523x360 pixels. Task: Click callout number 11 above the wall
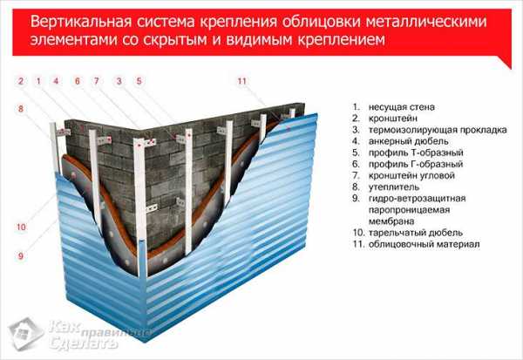pyautogui.click(x=241, y=81)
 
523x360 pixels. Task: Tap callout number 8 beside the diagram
pyautogui.click(x=21, y=109)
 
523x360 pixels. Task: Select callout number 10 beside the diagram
pyautogui.click(x=21, y=228)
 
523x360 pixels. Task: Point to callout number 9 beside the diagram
pyautogui.click(x=21, y=256)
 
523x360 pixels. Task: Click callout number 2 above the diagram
pyautogui.click(x=21, y=81)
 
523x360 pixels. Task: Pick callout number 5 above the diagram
pyautogui.click(x=139, y=81)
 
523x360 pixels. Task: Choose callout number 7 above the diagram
pyautogui.click(x=97, y=81)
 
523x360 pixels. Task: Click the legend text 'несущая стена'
pyautogui.click(x=401, y=107)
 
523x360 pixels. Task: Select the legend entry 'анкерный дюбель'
pyautogui.click(x=408, y=141)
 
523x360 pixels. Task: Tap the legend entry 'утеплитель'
pyautogui.click(x=394, y=187)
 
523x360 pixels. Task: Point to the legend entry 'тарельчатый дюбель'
pyautogui.click(x=416, y=233)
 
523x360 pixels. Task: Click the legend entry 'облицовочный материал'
pyautogui.click(x=424, y=244)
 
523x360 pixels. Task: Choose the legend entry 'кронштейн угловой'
pyautogui.click(x=411, y=175)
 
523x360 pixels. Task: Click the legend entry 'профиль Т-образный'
pyautogui.click(x=416, y=153)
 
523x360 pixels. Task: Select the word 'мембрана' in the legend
pyautogui.click(x=391, y=221)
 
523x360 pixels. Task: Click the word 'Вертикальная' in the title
pyautogui.click(x=80, y=23)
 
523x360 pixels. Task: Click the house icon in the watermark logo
pyautogui.click(x=25, y=334)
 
